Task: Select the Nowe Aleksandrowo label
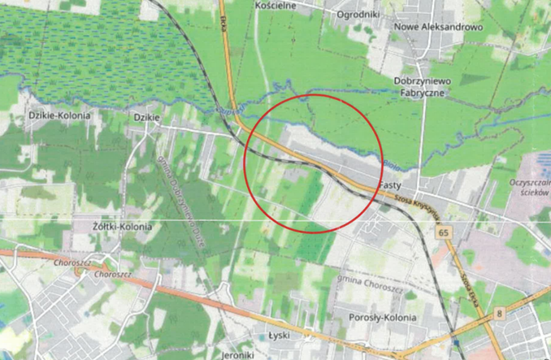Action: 437,27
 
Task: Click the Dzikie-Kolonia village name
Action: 59,116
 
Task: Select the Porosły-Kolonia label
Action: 382,317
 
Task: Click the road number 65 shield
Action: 444,233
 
